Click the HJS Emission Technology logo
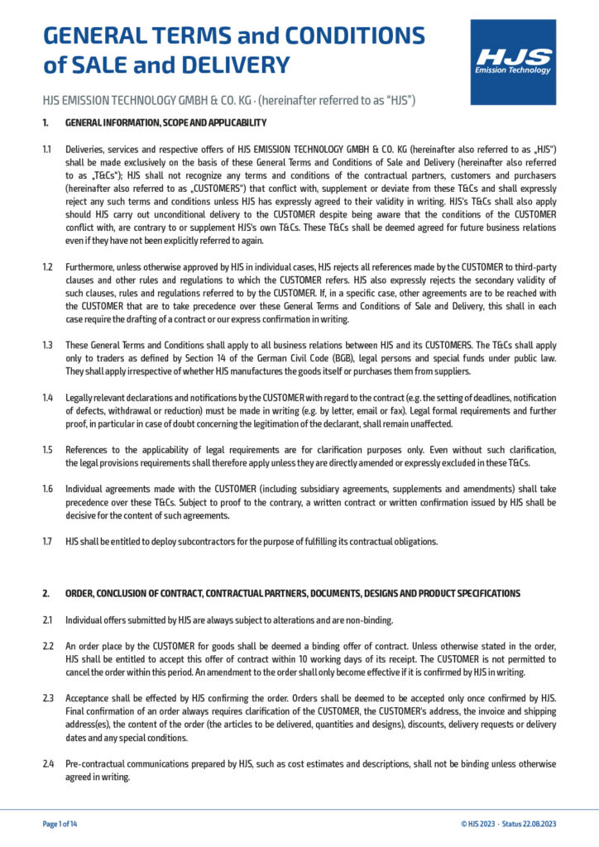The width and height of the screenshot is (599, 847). click(x=513, y=62)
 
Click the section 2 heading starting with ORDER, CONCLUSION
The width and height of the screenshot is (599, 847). click(x=293, y=594)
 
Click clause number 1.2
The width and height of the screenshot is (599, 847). click(x=47, y=267)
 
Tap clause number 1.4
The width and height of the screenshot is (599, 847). click(x=47, y=398)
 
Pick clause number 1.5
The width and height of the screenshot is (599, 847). click(x=47, y=450)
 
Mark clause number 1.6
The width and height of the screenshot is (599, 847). click(x=47, y=489)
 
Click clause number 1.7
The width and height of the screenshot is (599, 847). click(x=47, y=542)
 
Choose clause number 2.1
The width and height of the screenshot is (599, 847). click(x=47, y=620)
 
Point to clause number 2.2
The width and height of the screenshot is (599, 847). click(x=47, y=647)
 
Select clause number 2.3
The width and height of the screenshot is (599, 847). click(x=47, y=699)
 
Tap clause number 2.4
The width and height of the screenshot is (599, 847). click(x=47, y=763)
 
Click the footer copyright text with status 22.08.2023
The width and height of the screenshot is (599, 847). click(x=508, y=824)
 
